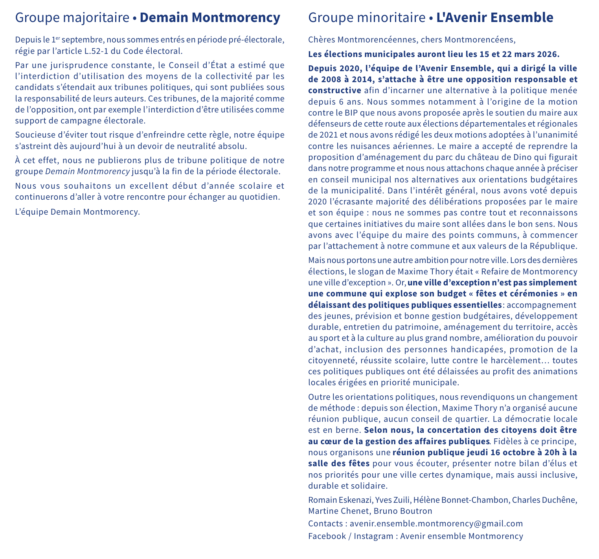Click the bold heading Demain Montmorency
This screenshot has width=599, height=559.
(x=210, y=18)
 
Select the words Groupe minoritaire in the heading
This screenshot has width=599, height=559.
(x=367, y=18)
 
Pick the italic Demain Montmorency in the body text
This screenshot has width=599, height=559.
(x=88, y=171)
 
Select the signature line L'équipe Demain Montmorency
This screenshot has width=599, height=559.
(x=77, y=212)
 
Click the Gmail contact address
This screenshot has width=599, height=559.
(x=436, y=523)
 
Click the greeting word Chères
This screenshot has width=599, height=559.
(x=322, y=40)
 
